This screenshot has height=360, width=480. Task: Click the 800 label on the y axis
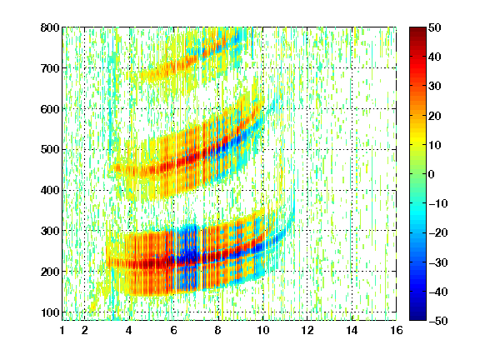50,27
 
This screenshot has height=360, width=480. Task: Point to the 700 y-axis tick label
50,68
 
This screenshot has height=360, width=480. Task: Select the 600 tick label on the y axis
50,109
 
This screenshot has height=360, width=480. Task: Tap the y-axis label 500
50,150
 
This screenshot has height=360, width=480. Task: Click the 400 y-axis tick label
50,191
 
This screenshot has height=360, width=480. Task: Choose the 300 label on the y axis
50,231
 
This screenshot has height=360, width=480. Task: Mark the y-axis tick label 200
50,272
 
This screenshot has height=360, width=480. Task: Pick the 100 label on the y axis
50,312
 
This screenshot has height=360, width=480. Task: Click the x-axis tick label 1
62,330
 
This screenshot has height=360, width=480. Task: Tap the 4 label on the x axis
129,330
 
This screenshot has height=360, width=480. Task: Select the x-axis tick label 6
173,330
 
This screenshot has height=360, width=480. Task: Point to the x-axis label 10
262,330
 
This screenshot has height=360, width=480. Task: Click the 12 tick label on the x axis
307,330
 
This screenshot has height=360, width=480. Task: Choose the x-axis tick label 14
352,330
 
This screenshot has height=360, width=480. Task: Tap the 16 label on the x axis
397,330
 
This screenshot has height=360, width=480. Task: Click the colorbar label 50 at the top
435,27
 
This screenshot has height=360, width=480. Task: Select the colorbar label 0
432,174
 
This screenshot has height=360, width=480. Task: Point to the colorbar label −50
437,321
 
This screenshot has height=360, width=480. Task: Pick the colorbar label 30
435,87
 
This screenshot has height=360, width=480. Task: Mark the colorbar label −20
437,233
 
